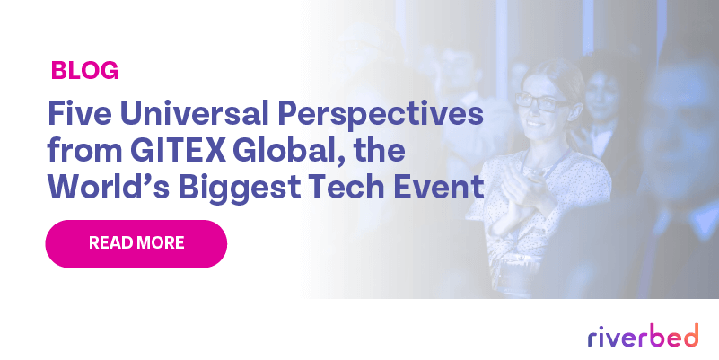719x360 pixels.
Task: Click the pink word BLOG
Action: click(x=85, y=70)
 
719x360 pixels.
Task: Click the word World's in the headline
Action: click(x=99, y=189)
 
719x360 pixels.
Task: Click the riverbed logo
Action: click(x=643, y=337)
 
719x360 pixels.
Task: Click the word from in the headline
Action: click(x=77, y=152)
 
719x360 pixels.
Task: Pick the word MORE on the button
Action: click(x=162, y=243)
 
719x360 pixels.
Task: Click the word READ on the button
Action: click(x=111, y=243)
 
